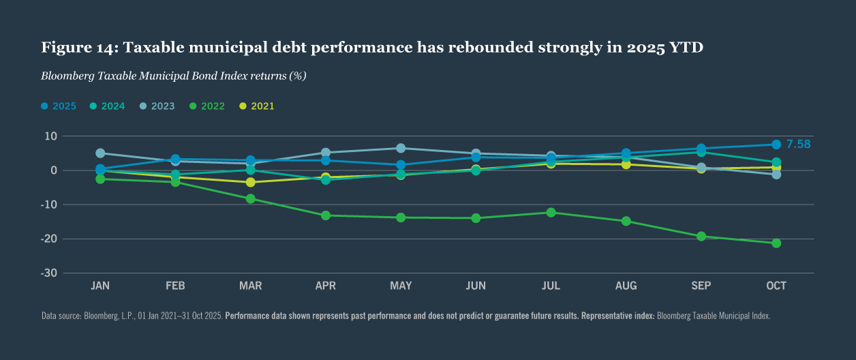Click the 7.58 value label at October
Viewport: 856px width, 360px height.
click(x=798, y=144)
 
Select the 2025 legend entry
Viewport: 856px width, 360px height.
click(x=59, y=106)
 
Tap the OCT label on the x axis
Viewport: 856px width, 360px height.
click(x=776, y=286)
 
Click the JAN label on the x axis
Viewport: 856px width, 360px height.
click(x=100, y=286)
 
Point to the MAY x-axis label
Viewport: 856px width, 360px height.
click(x=401, y=286)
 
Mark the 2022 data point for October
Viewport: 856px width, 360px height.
click(x=776, y=243)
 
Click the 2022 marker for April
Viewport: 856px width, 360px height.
click(x=326, y=215)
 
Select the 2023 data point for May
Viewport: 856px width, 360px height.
click(x=401, y=148)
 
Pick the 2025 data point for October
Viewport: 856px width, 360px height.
click(x=776, y=145)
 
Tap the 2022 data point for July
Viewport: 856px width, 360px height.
click(x=551, y=212)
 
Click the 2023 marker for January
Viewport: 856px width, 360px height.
click(x=100, y=153)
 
